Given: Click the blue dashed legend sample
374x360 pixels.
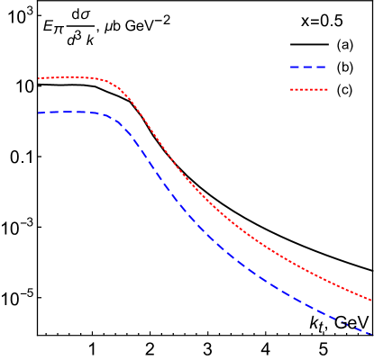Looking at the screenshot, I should coord(308,67).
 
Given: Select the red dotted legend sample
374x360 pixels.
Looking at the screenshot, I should coord(308,89).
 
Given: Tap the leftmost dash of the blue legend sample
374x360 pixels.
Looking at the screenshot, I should coord(294,67).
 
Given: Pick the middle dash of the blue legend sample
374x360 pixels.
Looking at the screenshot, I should coord(308,67).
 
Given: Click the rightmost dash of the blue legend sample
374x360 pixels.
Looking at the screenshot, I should coord(322,67).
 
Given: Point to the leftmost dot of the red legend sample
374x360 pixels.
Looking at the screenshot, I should coord(291,89).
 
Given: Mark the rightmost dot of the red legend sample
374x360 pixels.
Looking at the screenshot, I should coord(326,89).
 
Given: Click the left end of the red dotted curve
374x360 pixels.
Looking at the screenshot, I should coord(39,78).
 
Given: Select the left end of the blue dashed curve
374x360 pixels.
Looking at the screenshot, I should coord(39,112).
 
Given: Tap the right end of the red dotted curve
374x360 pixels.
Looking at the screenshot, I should coord(371,301).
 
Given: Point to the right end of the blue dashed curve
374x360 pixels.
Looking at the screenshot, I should coord(370,334).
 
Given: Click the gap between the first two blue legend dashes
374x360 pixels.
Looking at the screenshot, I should coord(301,67).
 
